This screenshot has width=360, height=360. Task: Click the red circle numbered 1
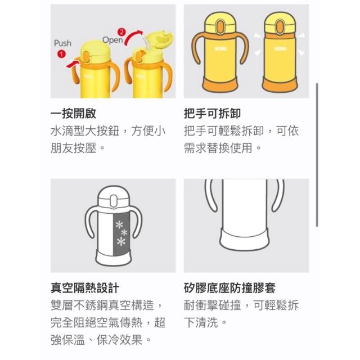click(61, 54)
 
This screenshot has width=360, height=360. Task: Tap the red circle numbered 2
click(121, 32)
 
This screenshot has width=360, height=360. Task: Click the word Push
click(62, 43)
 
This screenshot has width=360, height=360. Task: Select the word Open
click(112, 40)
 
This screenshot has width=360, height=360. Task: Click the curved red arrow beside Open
click(133, 35)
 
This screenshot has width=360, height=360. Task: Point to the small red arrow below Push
click(72, 64)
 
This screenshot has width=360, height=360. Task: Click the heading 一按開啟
click(73, 114)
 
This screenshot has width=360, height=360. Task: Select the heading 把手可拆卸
click(213, 114)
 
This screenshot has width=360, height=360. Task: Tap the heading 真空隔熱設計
click(85, 287)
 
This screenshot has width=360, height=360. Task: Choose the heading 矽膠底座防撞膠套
click(229, 287)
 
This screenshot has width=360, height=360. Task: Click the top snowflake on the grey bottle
click(119, 224)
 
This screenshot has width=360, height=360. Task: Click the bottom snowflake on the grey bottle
click(121, 241)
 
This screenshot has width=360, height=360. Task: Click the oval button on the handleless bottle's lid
click(280, 26)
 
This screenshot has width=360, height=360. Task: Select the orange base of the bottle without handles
click(280, 84)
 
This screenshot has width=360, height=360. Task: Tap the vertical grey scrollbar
click(317, 155)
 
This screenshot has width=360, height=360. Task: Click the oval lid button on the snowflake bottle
click(114, 201)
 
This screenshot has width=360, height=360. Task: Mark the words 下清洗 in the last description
click(201, 322)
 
